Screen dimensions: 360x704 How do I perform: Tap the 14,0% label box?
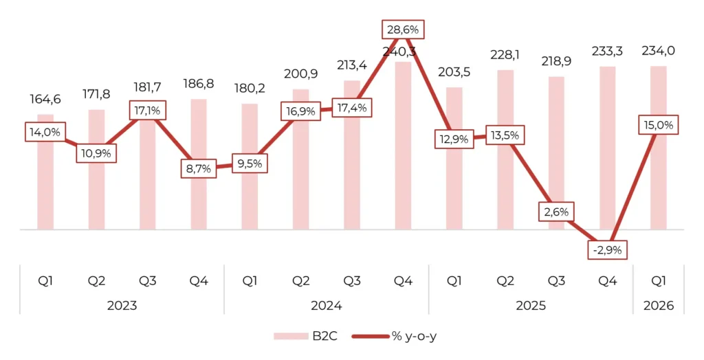point(45,131)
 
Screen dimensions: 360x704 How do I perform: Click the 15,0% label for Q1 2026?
point(659,125)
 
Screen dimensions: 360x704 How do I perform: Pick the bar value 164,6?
point(45,99)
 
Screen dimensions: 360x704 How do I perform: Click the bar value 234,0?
point(659,51)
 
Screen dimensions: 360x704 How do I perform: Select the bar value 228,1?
point(505,54)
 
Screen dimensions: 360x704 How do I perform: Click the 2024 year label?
point(327,305)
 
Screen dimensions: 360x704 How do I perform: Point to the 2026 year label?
point(659,305)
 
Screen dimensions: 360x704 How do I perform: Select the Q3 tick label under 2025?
point(555,281)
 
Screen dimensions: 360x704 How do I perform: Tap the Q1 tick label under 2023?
point(45,281)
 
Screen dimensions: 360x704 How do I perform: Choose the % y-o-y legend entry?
point(397,336)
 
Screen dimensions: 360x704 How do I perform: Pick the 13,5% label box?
point(505,135)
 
